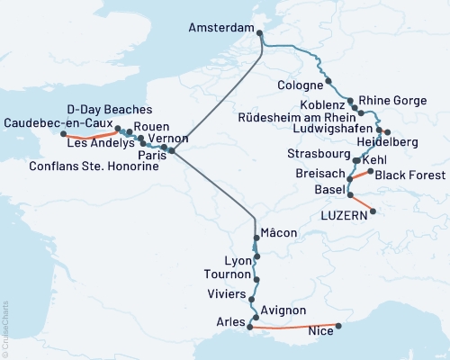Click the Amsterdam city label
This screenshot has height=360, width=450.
[x=220, y=29]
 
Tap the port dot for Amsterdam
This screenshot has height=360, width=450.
[x=260, y=35]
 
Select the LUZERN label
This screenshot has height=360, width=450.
[x=343, y=216]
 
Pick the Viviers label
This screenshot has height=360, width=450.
[x=225, y=292]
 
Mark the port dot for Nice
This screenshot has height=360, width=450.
[x=338, y=326]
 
